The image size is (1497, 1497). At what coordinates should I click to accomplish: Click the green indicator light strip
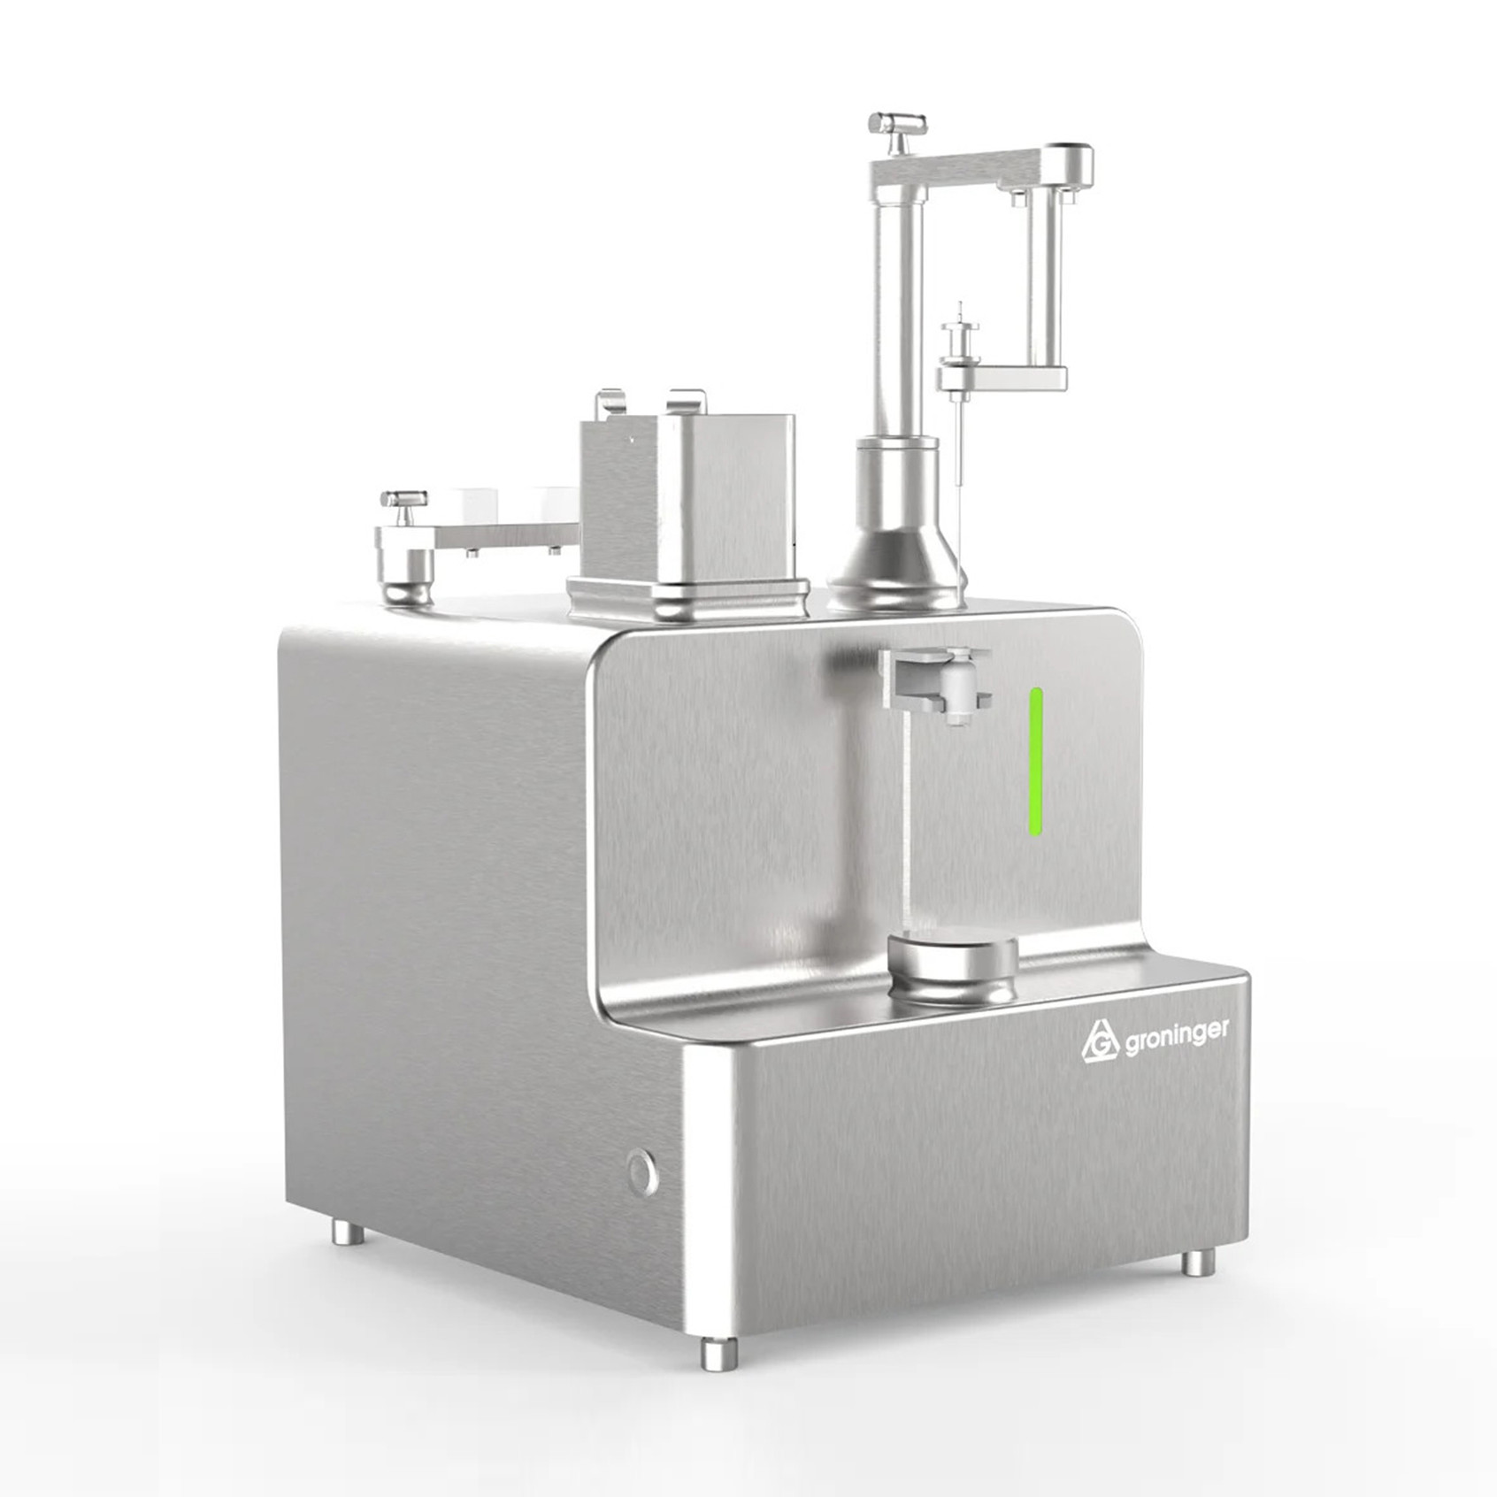point(1036,761)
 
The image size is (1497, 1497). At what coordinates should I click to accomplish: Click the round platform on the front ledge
point(953,971)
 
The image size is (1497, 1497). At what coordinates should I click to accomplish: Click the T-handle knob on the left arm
point(403,507)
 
